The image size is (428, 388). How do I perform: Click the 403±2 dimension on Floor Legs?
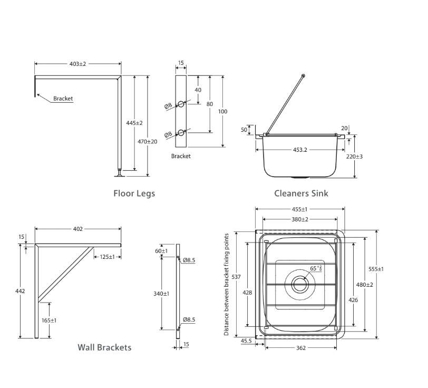(x=77, y=64)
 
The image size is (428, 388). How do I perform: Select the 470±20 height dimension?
(x=148, y=141)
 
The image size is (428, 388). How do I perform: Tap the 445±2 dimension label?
(x=134, y=123)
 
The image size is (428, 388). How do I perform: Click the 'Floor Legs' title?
(x=134, y=193)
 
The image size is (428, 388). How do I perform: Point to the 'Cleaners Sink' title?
(x=301, y=193)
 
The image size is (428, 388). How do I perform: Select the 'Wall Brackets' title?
(x=104, y=347)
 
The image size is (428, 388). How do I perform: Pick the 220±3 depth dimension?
(x=354, y=157)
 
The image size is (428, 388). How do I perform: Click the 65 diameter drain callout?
(x=316, y=268)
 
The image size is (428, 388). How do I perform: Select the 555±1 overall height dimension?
(x=376, y=269)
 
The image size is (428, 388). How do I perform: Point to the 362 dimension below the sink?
(x=301, y=347)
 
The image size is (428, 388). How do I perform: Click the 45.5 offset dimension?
(x=246, y=341)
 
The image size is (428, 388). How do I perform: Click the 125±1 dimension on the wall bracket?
(x=108, y=257)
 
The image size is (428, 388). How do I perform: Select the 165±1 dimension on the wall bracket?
(x=50, y=320)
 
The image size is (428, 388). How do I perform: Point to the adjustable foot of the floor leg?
(x=120, y=171)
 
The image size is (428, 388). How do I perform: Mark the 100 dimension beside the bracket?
(x=223, y=111)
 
